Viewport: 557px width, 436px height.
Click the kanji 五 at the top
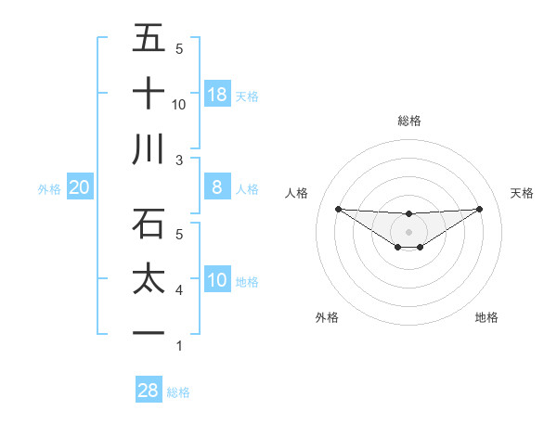click(x=149, y=39)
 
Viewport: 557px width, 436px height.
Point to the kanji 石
click(x=149, y=224)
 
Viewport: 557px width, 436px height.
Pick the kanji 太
click(x=149, y=279)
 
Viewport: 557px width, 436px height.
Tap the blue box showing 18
click(x=217, y=95)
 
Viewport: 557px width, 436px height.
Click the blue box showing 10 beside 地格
click(x=217, y=280)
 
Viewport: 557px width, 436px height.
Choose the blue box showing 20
click(x=79, y=188)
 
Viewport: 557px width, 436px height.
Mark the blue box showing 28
click(x=149, y=391)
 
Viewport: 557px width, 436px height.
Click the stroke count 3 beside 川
click(x=179, y=160)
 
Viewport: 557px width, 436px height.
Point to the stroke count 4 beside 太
click(x=179, y=290)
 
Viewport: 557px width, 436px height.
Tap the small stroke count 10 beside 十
click(x=179, y=105)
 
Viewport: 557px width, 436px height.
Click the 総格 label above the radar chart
click(x=409, y=121)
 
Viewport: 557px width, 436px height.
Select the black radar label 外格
click(x=327, y=317)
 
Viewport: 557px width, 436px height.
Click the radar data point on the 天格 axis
click(x=480, y=209)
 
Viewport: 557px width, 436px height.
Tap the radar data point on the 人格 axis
click(x=338, y=209)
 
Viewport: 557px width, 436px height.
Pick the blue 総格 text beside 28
click(x=178, y=392)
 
